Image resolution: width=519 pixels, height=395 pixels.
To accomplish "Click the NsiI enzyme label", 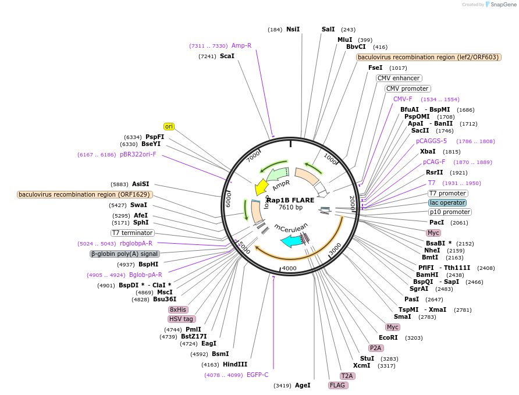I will (x=293, y=29).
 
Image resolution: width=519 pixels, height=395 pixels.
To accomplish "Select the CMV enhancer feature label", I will (x=399, y=78).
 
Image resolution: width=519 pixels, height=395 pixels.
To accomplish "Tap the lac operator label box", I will (x=447, y=202).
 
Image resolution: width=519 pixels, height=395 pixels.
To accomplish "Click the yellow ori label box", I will (x=169, y=126).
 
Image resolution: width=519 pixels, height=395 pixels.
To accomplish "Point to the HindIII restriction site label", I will (x=234, y=364).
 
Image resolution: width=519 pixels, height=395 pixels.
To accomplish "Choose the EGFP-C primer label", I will (x=257, y=375).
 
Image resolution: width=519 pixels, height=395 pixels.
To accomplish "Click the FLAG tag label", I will (x=337, y=385).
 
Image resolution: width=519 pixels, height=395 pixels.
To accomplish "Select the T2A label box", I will (x=347, y=376).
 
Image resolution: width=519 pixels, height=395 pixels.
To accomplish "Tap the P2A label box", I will (x=376, y=348).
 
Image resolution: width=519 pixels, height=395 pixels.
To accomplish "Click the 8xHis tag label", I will (x=178, y=309).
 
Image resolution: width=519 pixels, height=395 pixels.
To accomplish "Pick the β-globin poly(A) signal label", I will (x=125, y=254).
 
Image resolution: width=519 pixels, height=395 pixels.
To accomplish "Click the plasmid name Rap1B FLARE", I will (x=290, y=200).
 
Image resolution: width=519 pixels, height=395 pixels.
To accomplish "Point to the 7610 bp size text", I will (x=290, y=207).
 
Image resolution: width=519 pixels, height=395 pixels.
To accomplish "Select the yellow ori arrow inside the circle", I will (x=261, y=187).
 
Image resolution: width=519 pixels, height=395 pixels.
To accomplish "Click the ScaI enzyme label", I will (x=227, y=56).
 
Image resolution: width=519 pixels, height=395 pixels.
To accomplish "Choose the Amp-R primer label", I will (x=241, y=45).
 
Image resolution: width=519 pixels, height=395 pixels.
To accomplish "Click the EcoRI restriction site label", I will (x=388, y=337).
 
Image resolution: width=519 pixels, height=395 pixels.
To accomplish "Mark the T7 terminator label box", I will (x=132, y=233).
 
